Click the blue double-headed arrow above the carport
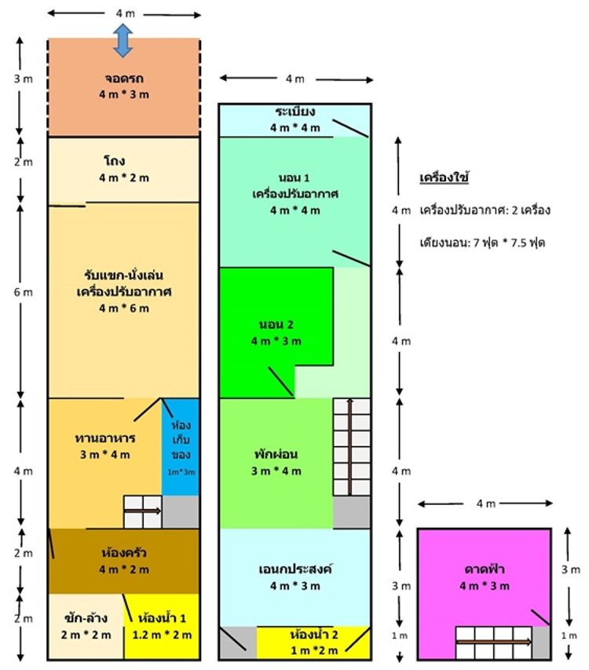click(x=123, y=41)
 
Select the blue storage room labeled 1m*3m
click(x=181, y=447)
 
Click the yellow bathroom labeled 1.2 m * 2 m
click(x=162, y=627)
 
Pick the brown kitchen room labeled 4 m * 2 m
click(x=124, y=561)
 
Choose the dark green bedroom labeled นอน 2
click(x=276, y=333)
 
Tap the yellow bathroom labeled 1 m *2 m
click(x=313, y=643)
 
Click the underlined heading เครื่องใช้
click(x=444, y=178)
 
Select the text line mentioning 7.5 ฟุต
click(x=482, y=243)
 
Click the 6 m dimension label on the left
click(x=23, y=292)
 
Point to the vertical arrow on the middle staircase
click(x=349, y=447)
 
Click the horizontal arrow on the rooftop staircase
click(x=494, y=642)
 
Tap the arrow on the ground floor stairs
click(x=143, y=511)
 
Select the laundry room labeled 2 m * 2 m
click(x=86, y=627)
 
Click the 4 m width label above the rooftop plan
click(x=485, y=503)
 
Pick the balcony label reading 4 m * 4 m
click(x=294, y=128)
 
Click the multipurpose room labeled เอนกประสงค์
click(x=294, y=577)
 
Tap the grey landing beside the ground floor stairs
click(x=181, y=512)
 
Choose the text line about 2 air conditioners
click(x=485, y=211)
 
